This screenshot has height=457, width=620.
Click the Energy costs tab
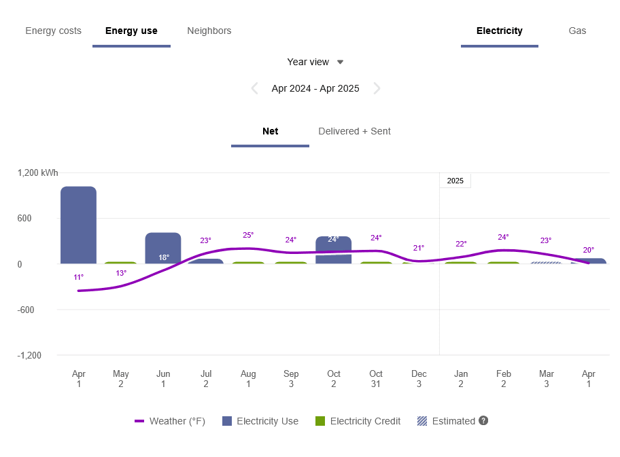(53, 31)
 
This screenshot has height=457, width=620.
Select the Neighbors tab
(209, 31)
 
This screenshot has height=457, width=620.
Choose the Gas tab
(577, 31)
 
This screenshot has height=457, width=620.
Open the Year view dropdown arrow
(341, 62)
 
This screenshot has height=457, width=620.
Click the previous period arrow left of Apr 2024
(255, 88)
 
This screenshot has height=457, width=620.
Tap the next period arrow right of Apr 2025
(377, 88)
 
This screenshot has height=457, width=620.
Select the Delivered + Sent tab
(354, 131)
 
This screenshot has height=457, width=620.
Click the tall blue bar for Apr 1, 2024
(78, 224)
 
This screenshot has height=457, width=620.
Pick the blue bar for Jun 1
(163, 247)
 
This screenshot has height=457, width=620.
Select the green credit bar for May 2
(120, 262)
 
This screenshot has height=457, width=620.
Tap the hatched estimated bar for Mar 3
(546, 262)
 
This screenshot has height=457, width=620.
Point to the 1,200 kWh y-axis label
(37, 173)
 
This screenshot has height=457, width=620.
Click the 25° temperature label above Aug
(248, 235)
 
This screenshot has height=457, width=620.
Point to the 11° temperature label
(78, 277)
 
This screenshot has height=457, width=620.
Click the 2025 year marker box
(455, 181)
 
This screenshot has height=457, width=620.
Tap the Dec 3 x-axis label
(418, 378)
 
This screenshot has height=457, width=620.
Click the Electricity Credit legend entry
(358, 421)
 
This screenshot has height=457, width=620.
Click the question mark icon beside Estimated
(483, 420)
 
